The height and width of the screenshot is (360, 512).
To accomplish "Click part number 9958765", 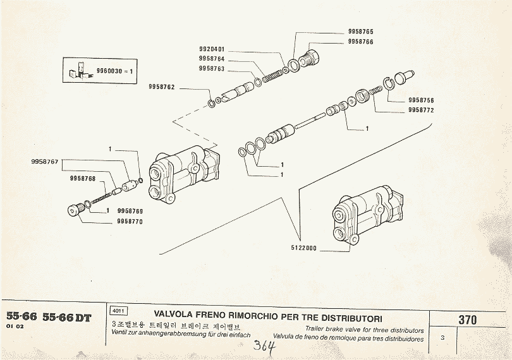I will click(360, 31).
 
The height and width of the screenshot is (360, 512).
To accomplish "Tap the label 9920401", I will click(212, 49).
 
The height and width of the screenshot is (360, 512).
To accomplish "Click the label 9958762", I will click(162, 87).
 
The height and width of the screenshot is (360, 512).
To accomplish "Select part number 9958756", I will click(421, 100).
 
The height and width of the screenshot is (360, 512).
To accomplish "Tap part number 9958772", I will click(421, 110).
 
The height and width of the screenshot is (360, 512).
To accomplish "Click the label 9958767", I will click(44, 162).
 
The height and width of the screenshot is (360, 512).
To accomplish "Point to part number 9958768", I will click(83, 179).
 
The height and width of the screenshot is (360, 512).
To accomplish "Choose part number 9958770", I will click(130, 221).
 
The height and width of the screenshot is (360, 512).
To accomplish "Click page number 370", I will click(468, 320).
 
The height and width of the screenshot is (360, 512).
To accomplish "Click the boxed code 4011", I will click(118, 311).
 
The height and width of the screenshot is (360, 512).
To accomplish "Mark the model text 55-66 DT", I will click(66, 318).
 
